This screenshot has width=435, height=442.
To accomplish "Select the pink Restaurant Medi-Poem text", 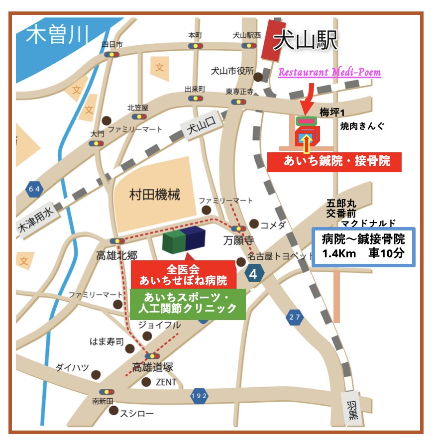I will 329,72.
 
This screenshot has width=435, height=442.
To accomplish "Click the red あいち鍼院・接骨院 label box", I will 334,161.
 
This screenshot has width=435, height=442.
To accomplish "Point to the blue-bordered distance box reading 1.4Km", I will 363,246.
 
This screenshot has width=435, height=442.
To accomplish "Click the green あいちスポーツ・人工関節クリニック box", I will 188,303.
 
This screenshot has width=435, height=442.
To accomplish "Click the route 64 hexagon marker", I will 33,188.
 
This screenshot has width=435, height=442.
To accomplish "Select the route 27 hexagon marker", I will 295,317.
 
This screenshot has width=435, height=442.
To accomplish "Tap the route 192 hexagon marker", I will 199,396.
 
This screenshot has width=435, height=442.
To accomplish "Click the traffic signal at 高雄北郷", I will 117,241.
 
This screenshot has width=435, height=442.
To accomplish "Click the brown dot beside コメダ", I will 254,223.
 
